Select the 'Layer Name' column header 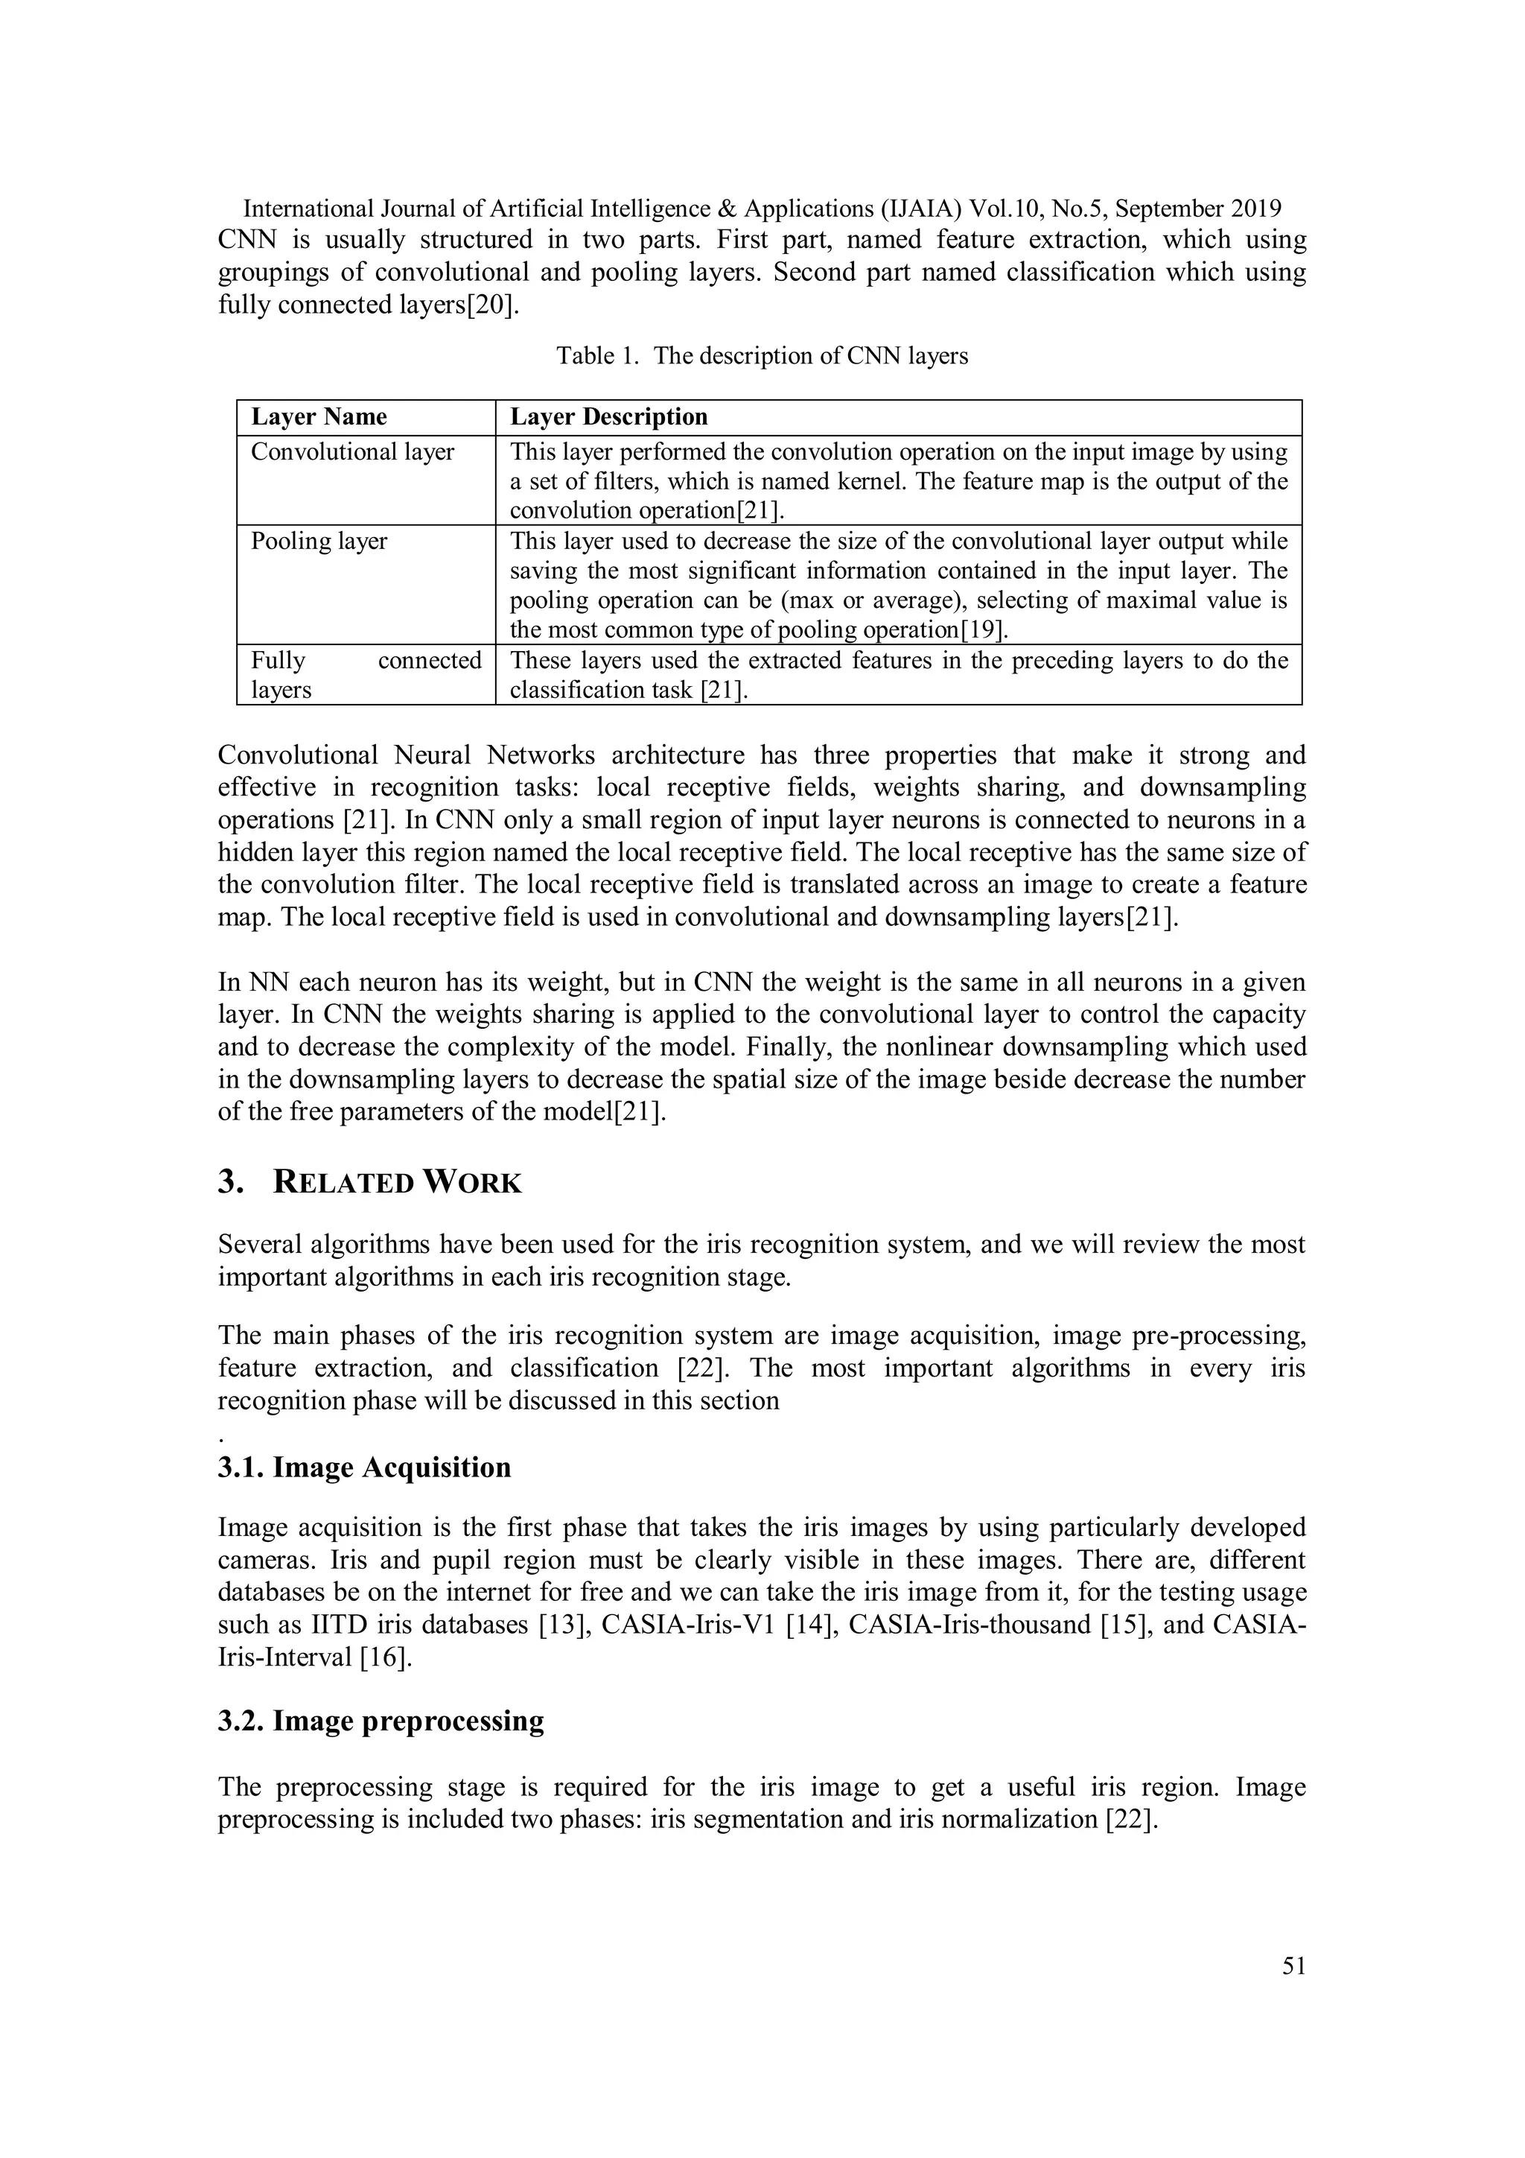click(319, 417)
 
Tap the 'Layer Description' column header click(608, 417)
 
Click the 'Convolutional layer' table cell click(352, 452)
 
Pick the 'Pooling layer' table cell click(319, 542)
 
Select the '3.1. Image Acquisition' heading click(365, 1467)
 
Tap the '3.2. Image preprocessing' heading click(381, 1721)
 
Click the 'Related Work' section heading click(397, 1182)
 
